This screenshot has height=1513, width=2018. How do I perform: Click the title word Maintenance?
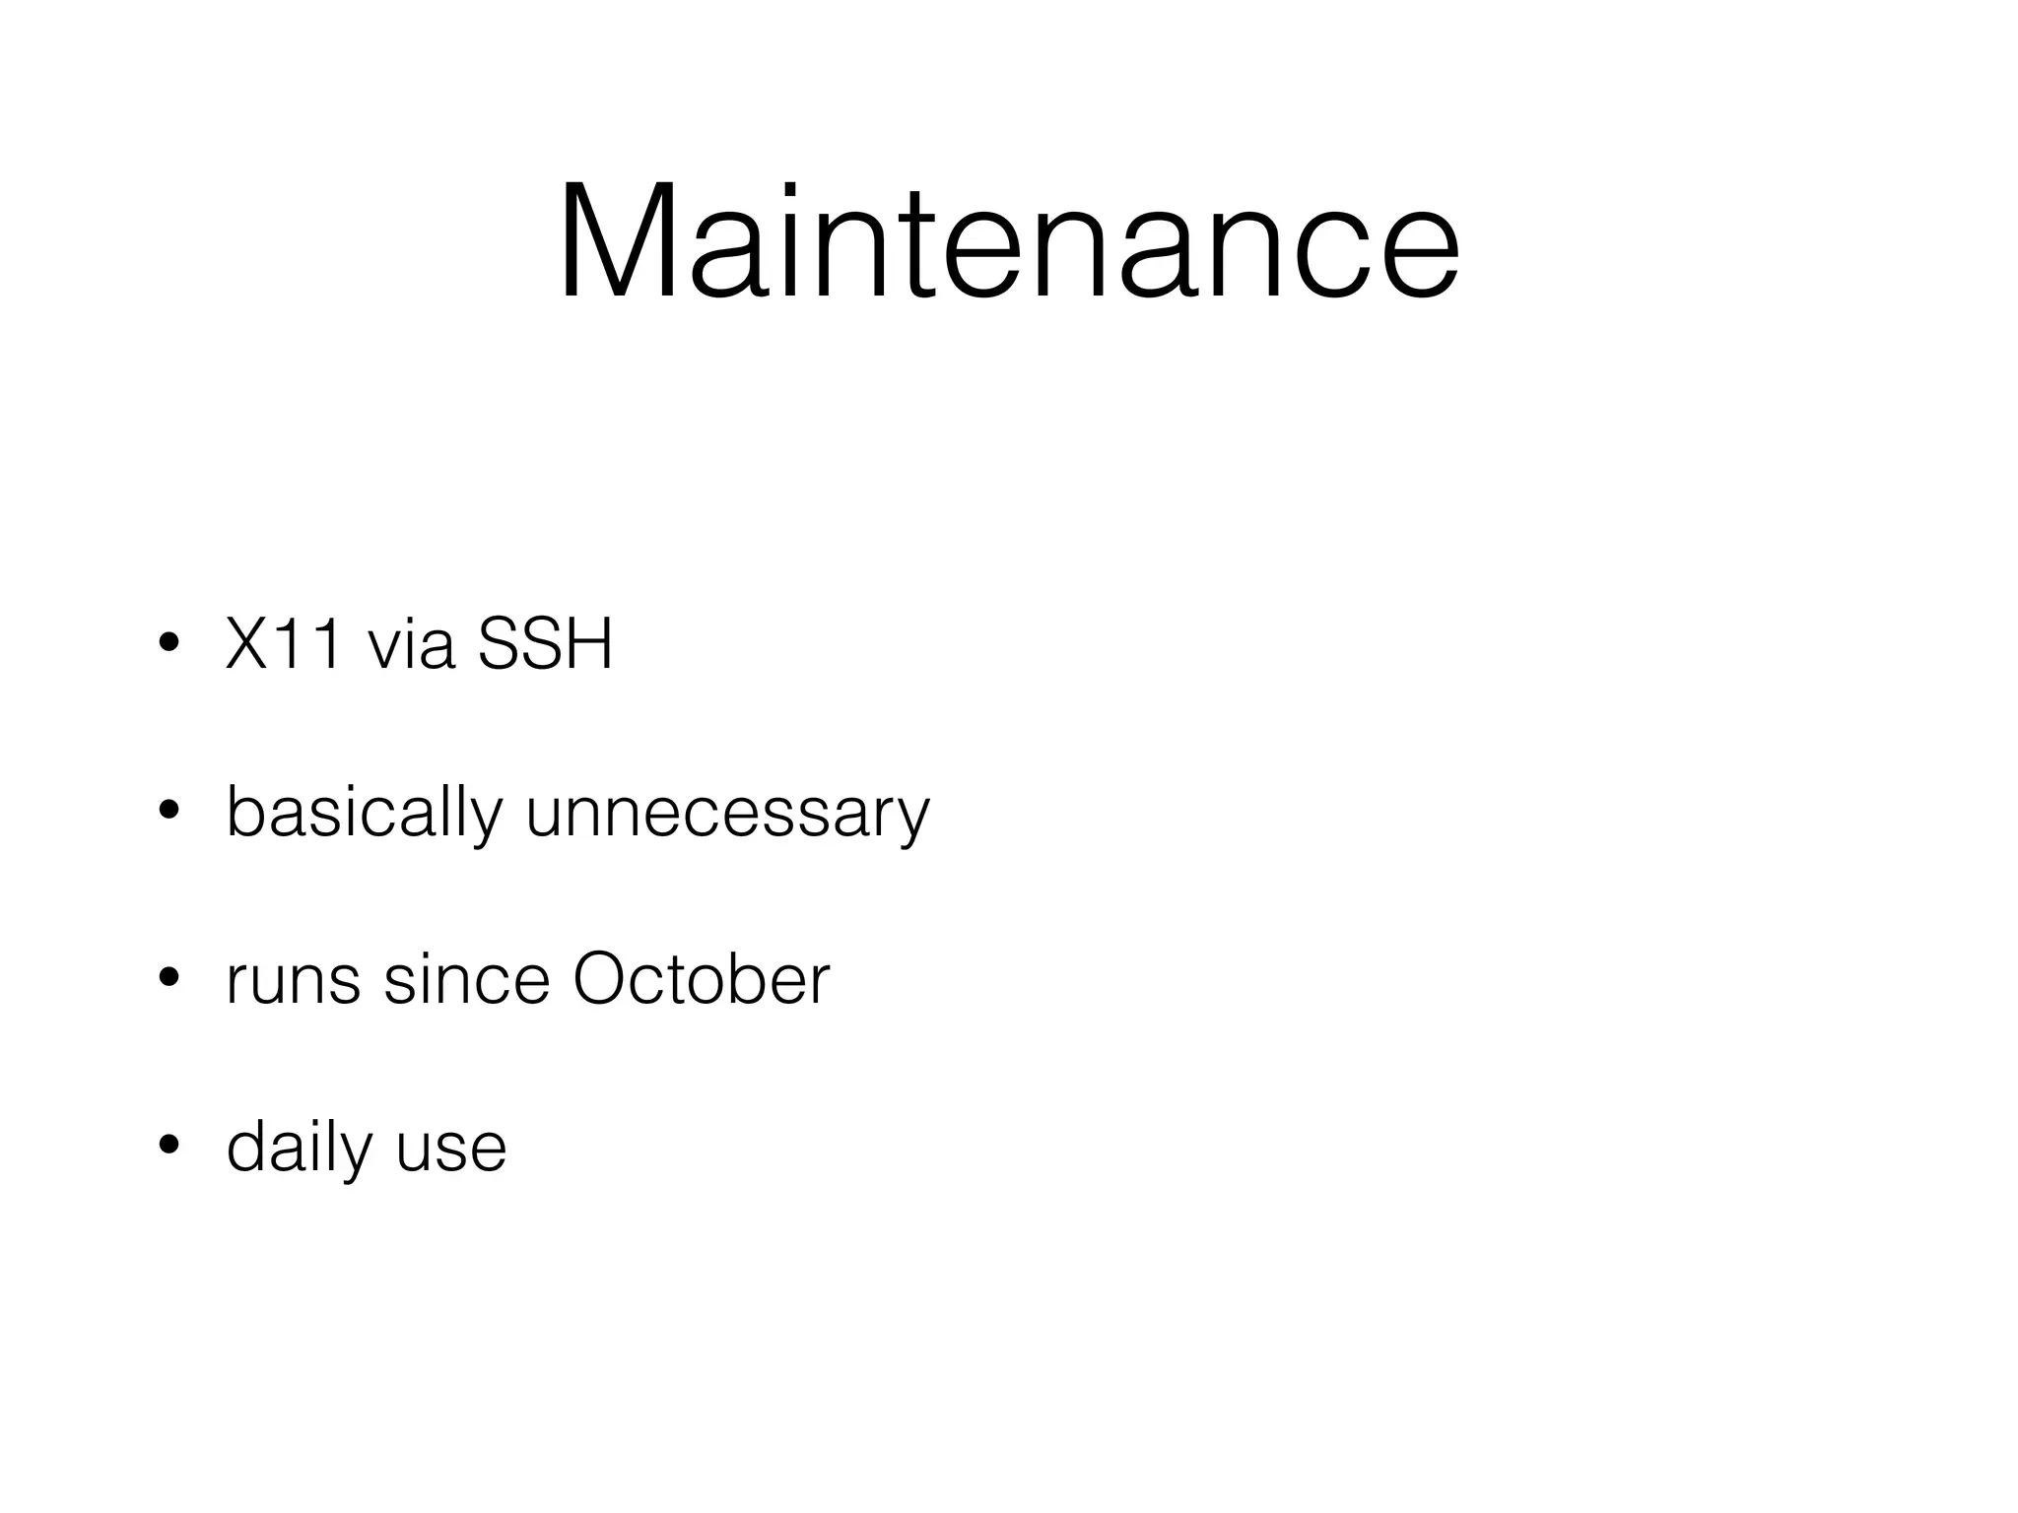(x=1008, y=241)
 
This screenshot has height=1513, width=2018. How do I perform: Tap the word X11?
(x=286, y=644)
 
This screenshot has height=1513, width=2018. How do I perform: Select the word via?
(x=411, y=644)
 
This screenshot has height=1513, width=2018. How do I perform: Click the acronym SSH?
(x=545, y=644)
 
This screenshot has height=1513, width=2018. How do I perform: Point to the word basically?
(x=365, y=814)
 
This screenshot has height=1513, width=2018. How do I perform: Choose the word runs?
(x=293, y=980)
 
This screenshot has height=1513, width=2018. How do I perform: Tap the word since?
(x=466, y=980)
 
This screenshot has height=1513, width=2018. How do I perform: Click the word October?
(x=702, y=980)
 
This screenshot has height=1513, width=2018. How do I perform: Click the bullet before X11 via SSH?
(x=168, y=644)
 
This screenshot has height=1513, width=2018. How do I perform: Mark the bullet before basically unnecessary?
(x=168, y=812)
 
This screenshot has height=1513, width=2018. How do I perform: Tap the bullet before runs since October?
(x=168, y=979)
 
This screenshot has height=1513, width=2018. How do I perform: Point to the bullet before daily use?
(x=168, y=1147)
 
